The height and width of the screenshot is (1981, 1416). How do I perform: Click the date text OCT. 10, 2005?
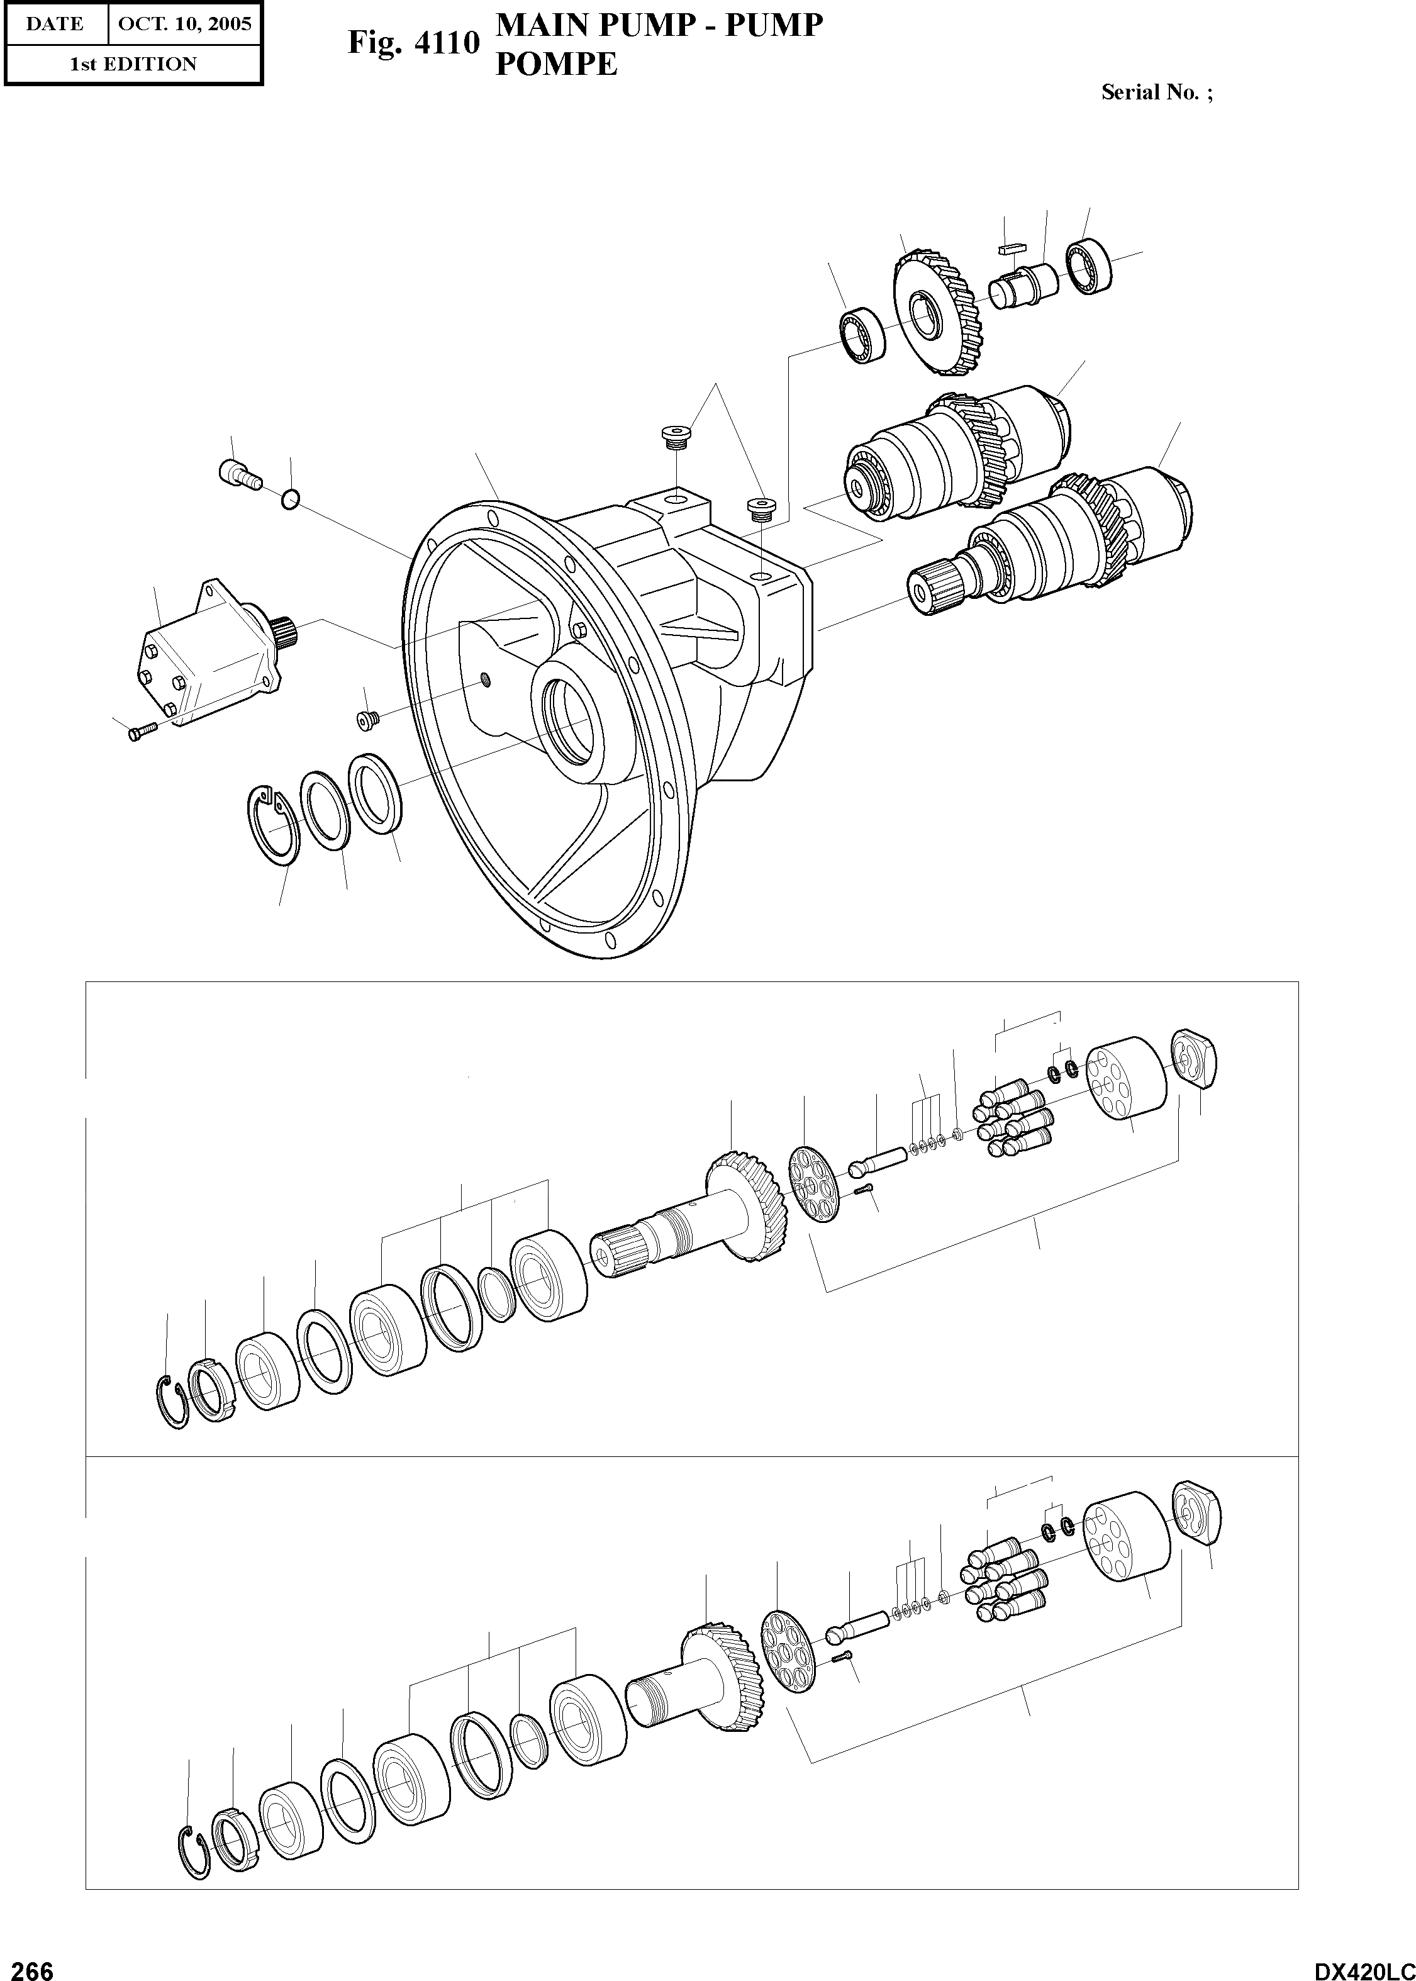coord(184,23)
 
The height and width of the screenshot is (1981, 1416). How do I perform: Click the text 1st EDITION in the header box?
coord(133,64)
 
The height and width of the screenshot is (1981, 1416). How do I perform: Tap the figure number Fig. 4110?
coord(413,42)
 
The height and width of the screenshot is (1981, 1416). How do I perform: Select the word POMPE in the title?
coord(555,64)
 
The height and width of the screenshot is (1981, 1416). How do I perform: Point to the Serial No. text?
coord(1156,92)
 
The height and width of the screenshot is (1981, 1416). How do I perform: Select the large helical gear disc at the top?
coord(937,311)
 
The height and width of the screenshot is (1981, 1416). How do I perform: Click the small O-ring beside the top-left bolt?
coord(291,499)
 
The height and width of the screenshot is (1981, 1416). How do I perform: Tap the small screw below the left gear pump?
coord(140,730)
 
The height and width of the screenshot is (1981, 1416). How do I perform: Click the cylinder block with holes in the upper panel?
coord(1127,1078)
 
